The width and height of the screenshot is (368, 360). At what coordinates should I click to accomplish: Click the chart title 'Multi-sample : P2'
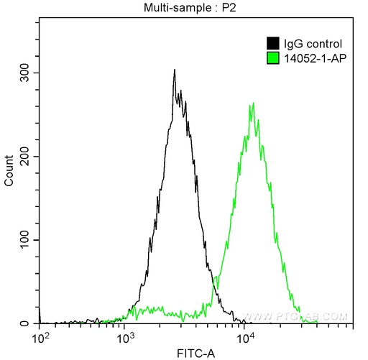(195, 8)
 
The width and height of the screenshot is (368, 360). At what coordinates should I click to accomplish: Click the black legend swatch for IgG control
(272, 43)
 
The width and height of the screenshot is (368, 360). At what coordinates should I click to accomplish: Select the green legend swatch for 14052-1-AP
(272, 57)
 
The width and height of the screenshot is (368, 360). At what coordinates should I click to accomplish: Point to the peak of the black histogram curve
(175, 70)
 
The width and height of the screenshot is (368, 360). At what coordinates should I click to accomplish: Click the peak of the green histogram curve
(252, 103)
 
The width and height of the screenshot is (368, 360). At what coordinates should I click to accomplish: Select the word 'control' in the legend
(318, 43)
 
